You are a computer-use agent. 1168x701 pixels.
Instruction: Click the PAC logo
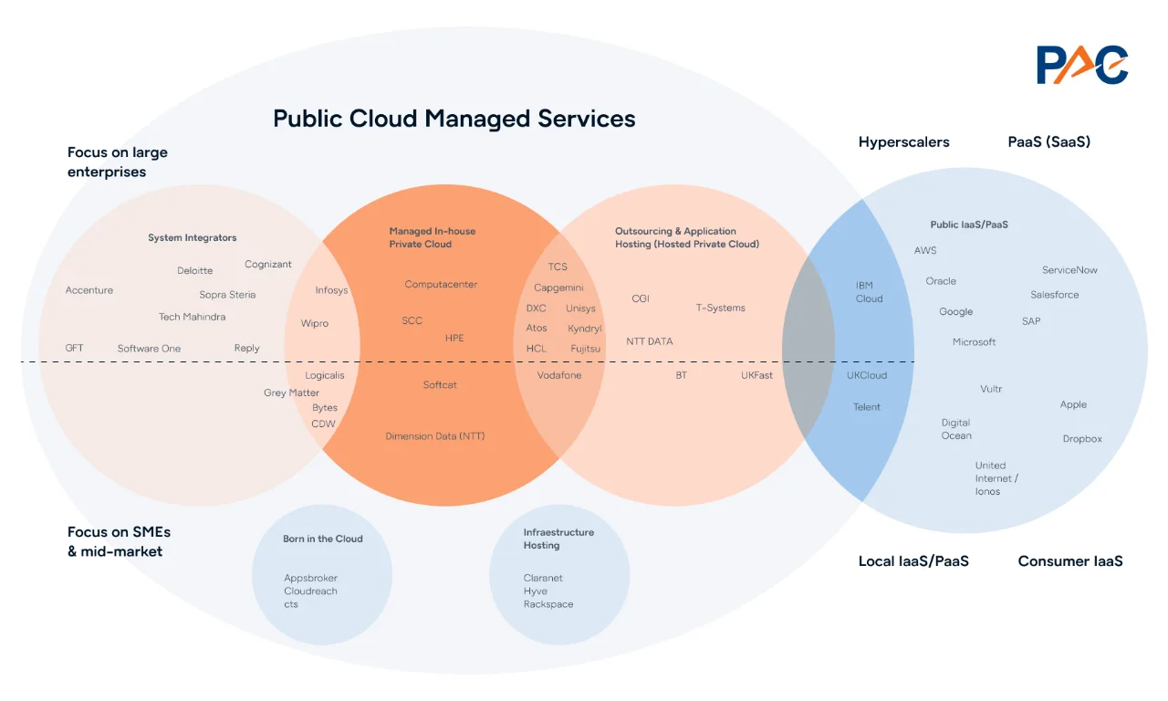click(1082, 65)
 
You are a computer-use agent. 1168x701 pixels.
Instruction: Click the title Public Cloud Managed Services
click(454, 119)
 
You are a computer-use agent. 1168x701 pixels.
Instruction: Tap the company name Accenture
click(89, 290)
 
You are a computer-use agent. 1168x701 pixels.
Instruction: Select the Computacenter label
click(441, 285)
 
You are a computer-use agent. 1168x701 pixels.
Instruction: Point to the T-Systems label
click(720, 308)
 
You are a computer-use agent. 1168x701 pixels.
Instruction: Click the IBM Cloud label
click(869, 292)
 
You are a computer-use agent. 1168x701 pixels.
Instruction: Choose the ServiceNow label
click(1069, 270)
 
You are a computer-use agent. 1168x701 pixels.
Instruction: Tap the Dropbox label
click(1081, 439)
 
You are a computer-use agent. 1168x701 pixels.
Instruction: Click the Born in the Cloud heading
click(322, 539)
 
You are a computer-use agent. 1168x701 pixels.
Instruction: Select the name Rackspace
click(548, 604)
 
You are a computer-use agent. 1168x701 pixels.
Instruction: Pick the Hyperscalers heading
click(903, 142)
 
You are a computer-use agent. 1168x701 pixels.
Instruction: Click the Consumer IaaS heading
click(1069, 561)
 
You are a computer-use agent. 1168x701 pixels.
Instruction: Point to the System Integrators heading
click(192, 237)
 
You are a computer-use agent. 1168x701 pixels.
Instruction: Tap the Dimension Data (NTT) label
click(434, 436)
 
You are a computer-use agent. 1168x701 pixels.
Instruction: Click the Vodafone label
click(558, 375)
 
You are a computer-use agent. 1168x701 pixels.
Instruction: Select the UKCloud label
click(866, 375)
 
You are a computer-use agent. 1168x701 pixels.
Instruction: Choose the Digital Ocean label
click(956, 429)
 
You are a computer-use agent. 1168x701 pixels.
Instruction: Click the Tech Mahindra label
click(192, 317)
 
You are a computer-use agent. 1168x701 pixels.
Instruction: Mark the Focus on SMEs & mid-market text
click(119, 541)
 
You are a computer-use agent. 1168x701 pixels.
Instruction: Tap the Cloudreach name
click(310, 591)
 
